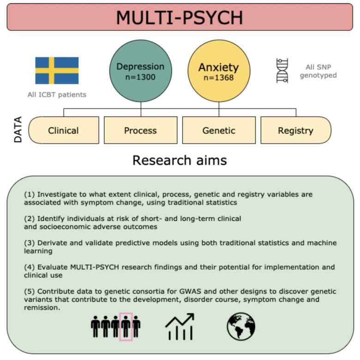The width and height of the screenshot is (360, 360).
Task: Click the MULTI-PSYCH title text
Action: [180, 18]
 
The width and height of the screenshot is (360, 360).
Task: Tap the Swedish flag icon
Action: [57, 71]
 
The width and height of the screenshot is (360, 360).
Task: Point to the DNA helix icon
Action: [282, 71]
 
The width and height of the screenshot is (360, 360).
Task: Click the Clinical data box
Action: [64, 130]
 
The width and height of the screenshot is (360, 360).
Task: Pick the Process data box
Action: [140, 130]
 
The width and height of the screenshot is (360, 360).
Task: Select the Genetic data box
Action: [218, 130]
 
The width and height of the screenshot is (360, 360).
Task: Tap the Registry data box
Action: [295, 130]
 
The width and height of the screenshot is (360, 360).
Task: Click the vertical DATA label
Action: [18, 129]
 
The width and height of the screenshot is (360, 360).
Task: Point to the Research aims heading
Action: [180, 159]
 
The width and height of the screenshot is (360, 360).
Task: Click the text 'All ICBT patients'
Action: [57, 95]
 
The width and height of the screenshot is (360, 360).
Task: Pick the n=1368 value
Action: [218, 77]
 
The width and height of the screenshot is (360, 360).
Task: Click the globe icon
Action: [241, 327]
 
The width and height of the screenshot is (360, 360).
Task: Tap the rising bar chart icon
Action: [180, 327]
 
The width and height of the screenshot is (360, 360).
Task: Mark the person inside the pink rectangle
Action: [126, 327]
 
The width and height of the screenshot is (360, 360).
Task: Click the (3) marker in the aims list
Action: [29, 243]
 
